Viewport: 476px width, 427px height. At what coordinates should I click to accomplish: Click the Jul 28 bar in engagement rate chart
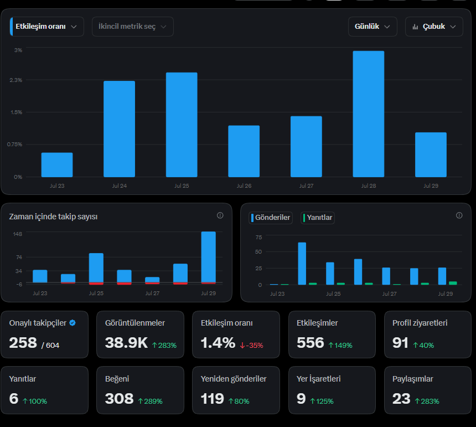click(x=368, y=114)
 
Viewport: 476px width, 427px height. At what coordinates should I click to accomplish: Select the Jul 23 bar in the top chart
click(x=57, y=164)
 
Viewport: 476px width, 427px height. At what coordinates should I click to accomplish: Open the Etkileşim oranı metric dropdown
click(x=46, y=27)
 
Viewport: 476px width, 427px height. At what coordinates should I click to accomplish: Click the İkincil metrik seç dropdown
click(x=133, y=27)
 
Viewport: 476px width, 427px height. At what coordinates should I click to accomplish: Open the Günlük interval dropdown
click(x=372, y=27)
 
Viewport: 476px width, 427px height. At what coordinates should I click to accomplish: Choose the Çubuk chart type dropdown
click(x=434, y=27)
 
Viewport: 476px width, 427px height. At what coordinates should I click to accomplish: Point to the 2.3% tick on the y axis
click(x=16, y=80)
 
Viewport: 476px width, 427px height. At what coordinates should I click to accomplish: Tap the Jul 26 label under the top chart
click(x=244, y=186)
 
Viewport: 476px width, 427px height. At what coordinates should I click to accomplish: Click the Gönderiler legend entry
click(x=271, y=218)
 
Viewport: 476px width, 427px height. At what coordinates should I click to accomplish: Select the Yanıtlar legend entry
click(x=318, y=218)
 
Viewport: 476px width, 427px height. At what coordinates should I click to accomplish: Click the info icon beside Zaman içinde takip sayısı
click(x=220, y=215)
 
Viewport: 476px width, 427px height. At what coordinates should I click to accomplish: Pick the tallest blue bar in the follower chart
click(x=209, y=257)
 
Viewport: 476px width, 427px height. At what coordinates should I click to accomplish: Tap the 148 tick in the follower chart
click(x=18, y=234)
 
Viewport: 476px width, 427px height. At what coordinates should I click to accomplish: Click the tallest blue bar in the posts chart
click(x=302, y=263)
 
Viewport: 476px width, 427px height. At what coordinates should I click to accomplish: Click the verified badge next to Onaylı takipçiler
click(x=73, y=323)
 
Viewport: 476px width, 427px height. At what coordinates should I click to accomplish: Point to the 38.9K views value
click(x=126, y=343)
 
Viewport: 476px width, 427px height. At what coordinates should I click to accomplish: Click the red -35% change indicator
click(x=251, y=345)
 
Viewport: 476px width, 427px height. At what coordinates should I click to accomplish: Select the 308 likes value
click(x=120, y=399)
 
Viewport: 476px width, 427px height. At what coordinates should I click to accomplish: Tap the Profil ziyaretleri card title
click(x=420, y=323)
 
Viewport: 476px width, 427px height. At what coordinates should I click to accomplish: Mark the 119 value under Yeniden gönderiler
click(x=212, y=399)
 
